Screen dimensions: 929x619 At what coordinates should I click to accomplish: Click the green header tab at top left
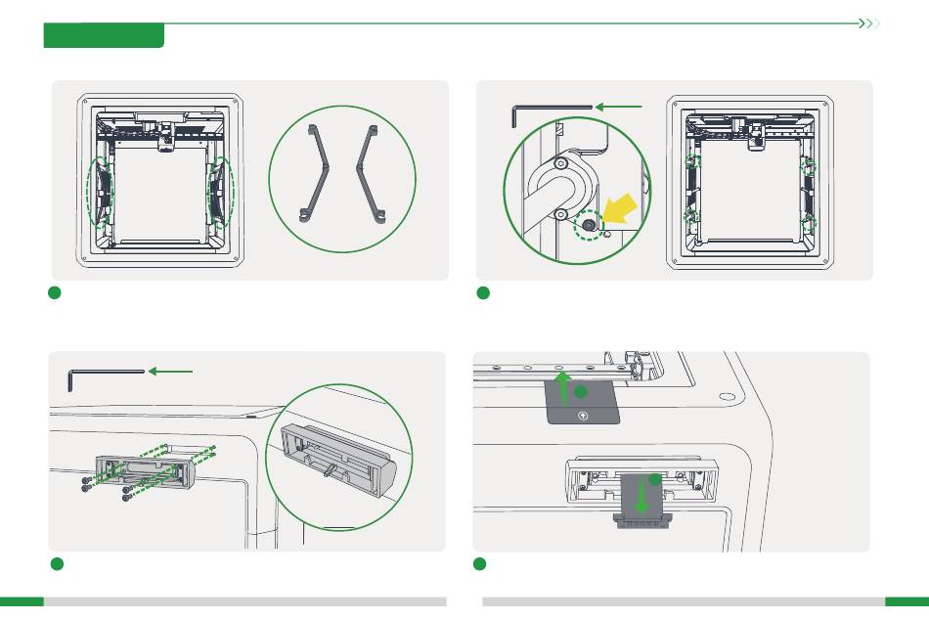(x=104, y=36)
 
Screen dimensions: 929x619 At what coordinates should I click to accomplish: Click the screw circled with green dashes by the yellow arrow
(x=591, y=224)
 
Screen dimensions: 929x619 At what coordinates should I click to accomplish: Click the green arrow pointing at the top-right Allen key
(x=622, y=106)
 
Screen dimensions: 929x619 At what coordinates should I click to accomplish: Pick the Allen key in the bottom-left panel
(x=103, y=374)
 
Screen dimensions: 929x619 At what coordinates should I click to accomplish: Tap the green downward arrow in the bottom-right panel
(x=641, y=494)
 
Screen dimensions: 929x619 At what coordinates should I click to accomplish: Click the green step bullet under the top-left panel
(x=57, y=293)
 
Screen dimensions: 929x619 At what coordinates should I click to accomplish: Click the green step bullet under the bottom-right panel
(x=480, y=564)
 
